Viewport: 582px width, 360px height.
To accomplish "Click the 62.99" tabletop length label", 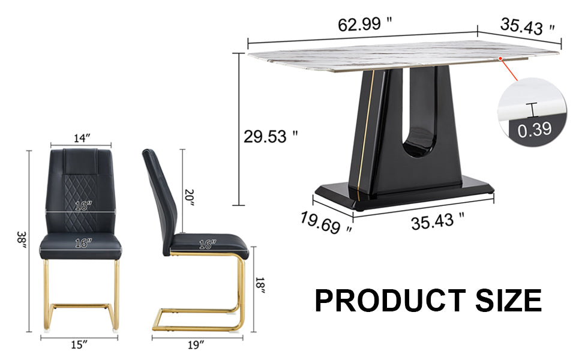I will pos(365,25).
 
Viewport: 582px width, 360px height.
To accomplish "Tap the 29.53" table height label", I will pos(271,137).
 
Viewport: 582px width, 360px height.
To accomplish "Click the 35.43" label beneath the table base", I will pos(437,221).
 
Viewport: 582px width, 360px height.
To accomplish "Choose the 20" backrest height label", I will pos(190,197).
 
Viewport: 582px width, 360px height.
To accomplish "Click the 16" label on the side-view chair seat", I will pos(206,244).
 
